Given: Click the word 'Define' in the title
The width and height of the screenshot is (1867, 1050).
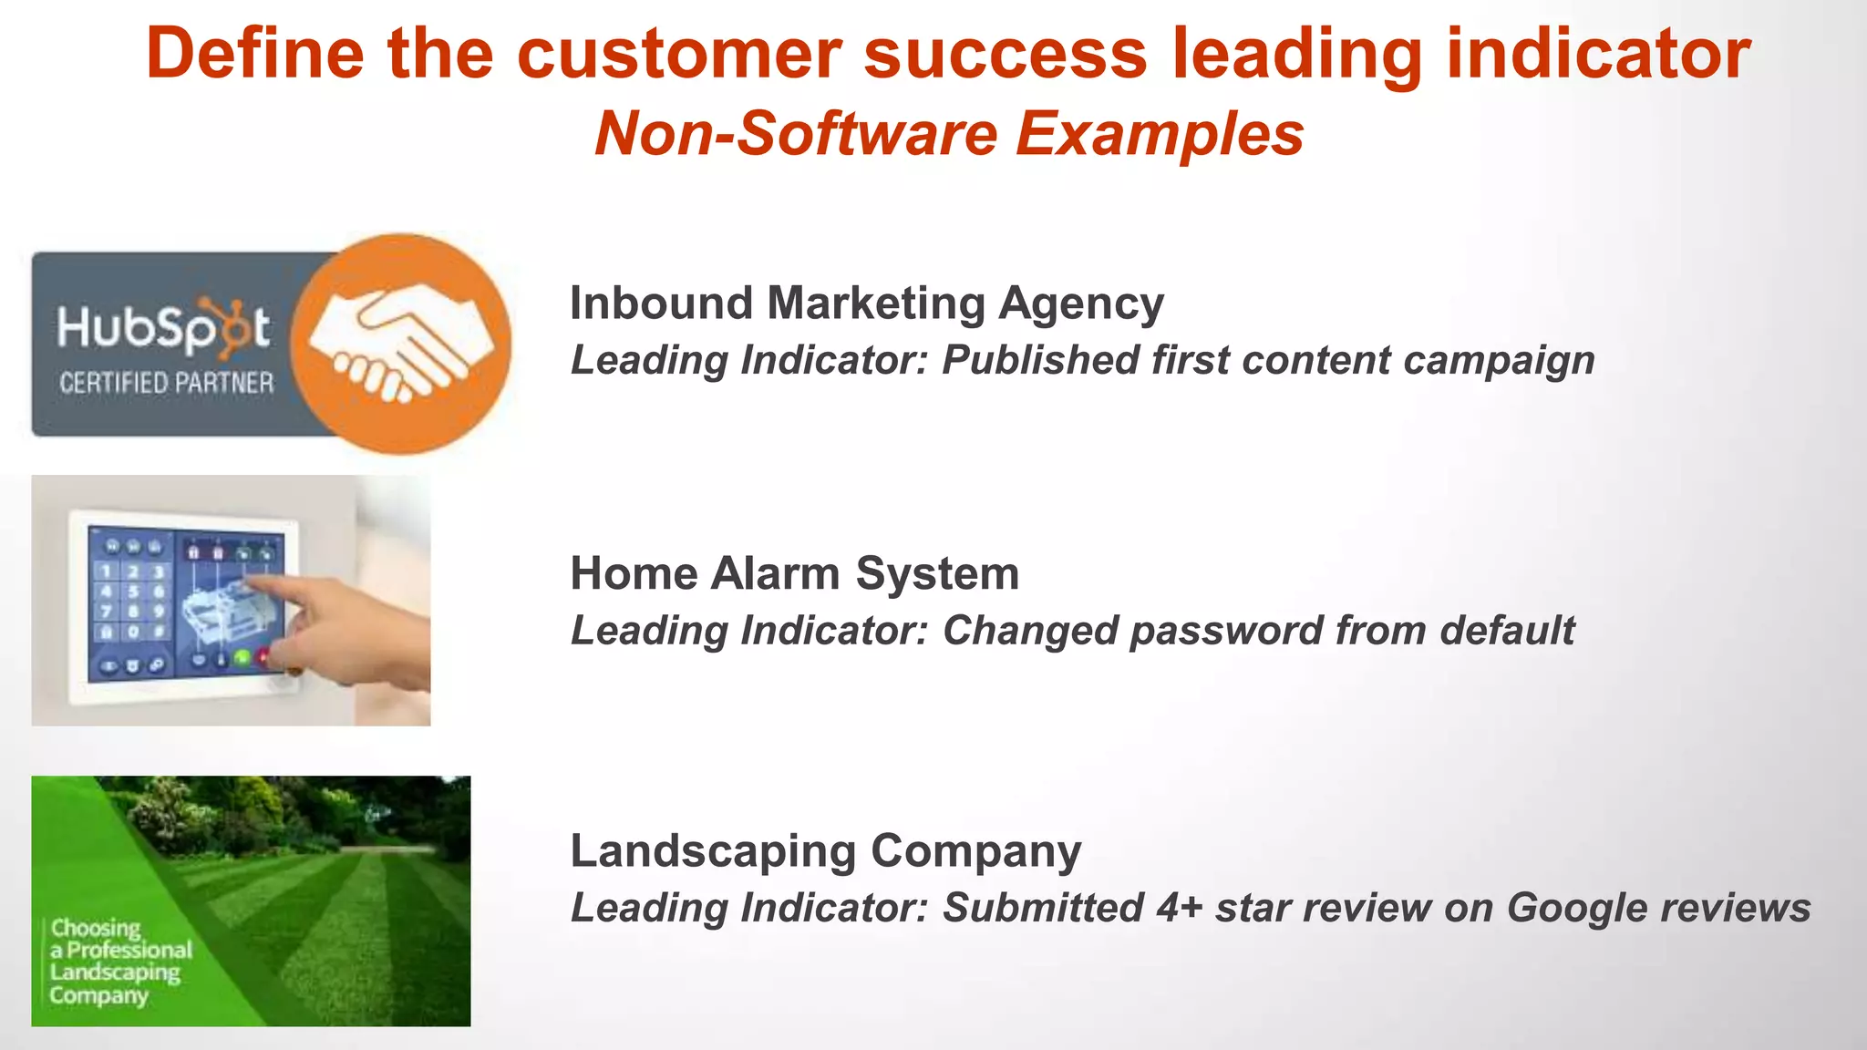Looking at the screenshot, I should click(254, 53).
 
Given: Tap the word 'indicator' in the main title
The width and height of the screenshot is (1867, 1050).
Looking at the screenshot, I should click(1598, 53).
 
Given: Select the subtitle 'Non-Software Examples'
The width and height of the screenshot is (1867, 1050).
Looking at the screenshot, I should click(949, 134).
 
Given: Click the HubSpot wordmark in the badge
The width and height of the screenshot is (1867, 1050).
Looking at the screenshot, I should click(164, 328).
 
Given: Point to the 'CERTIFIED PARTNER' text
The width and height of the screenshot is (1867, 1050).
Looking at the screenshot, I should click(166, 383).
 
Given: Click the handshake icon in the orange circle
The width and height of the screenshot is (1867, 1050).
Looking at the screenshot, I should click(402, 344).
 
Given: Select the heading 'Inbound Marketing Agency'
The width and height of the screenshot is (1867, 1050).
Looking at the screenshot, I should click(866, 304).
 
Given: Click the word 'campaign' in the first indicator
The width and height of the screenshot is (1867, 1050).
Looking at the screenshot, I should click(1499, 360).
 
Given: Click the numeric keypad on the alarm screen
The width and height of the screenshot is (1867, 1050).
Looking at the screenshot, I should click(132, 602).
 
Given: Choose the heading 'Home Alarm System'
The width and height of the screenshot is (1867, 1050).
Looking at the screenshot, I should click(794, 574).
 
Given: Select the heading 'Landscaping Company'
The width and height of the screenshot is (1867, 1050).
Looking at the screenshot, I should click(825, 851).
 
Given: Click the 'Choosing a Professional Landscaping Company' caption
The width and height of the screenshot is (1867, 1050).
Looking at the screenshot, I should click(119, 962).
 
